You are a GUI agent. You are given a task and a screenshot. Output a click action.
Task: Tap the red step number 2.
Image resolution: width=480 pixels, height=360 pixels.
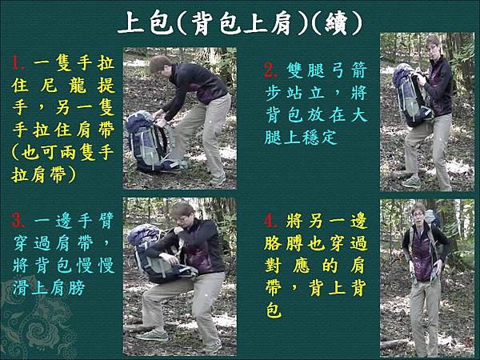(270, 71)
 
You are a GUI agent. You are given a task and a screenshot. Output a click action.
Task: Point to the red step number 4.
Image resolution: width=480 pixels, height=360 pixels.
(270, 219)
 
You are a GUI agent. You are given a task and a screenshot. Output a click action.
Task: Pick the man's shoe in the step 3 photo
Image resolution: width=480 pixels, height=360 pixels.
(152, 334)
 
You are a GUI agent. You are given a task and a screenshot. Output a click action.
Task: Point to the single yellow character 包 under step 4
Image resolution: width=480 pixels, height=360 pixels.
(274, 310)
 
